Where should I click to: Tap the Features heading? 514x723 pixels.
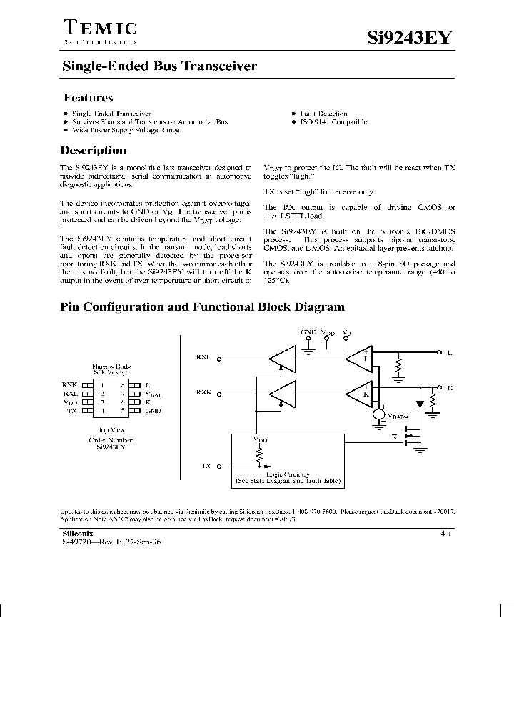[x=88, y=98]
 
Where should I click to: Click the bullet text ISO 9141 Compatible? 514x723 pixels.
[x=333, y=122]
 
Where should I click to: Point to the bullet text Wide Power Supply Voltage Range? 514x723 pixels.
[x=125, y=130]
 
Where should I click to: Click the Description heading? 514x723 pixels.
[x=93, y=151]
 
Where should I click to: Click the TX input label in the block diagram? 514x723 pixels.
[x=206, y=465]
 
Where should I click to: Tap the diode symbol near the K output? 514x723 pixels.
[x=420, y=402]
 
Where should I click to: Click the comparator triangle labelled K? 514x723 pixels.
[x=356, y=392]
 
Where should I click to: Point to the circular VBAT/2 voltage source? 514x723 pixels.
[x=378, y=415]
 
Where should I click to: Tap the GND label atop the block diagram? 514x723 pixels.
[x=308, y=333]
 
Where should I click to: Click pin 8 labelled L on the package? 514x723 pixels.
[x=147, y=385]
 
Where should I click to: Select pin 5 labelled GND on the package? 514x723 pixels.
[x=153, y=411]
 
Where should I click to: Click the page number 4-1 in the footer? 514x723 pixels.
[x=447, y=534]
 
